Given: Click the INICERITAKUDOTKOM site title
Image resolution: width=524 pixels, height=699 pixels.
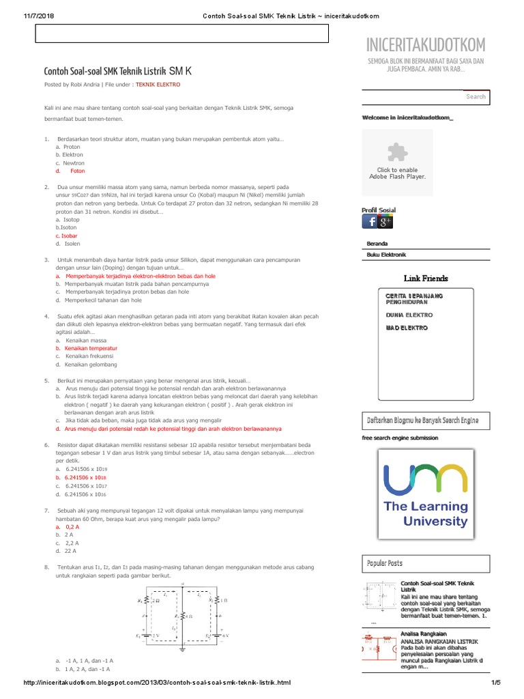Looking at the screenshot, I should [x=426, y=45].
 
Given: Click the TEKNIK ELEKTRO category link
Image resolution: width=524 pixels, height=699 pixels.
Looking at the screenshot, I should [x=158, y=85].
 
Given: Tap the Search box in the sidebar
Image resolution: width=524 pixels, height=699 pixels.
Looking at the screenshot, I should [x=425, y=97].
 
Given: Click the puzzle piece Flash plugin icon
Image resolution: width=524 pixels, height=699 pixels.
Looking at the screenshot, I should [x=397, y=152].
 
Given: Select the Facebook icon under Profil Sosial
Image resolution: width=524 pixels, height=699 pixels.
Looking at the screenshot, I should [x=369, y=223].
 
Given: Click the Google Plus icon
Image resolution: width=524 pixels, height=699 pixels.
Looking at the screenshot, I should [x=385, y=223].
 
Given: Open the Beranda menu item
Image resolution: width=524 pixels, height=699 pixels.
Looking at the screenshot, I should [x=377, y=244].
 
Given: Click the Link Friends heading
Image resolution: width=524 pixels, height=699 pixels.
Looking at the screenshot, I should [x=426, y=279].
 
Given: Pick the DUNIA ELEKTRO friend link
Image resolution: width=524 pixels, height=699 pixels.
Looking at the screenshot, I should [x=409, y=315].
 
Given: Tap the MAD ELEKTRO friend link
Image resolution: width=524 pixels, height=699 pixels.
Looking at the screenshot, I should [x=407, y=328].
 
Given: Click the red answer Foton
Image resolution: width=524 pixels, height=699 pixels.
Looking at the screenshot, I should [x=78, y=171].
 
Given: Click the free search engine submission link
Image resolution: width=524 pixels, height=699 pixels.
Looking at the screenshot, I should [x=400, y=438].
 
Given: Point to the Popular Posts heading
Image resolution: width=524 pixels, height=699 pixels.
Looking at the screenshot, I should [x=385, y=563].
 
